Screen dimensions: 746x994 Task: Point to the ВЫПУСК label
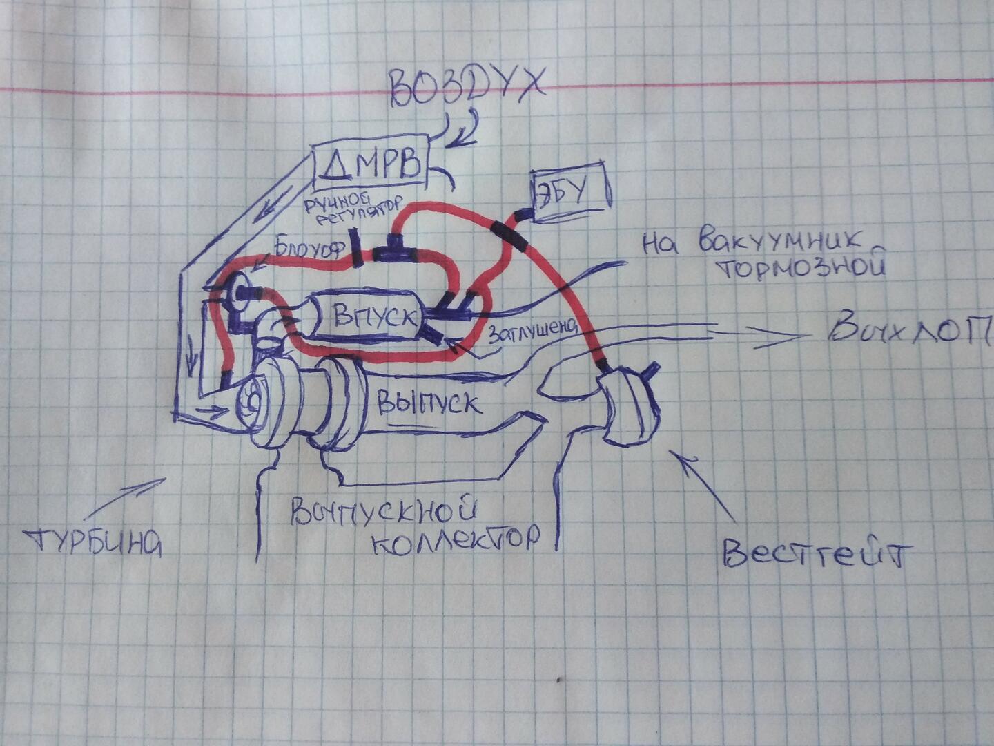(428, 401)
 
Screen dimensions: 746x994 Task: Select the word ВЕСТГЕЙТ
(817, 553)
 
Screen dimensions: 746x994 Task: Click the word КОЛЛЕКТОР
(456, 539)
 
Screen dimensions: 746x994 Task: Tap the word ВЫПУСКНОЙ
(383, 510)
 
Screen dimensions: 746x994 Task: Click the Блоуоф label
(309, 247)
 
